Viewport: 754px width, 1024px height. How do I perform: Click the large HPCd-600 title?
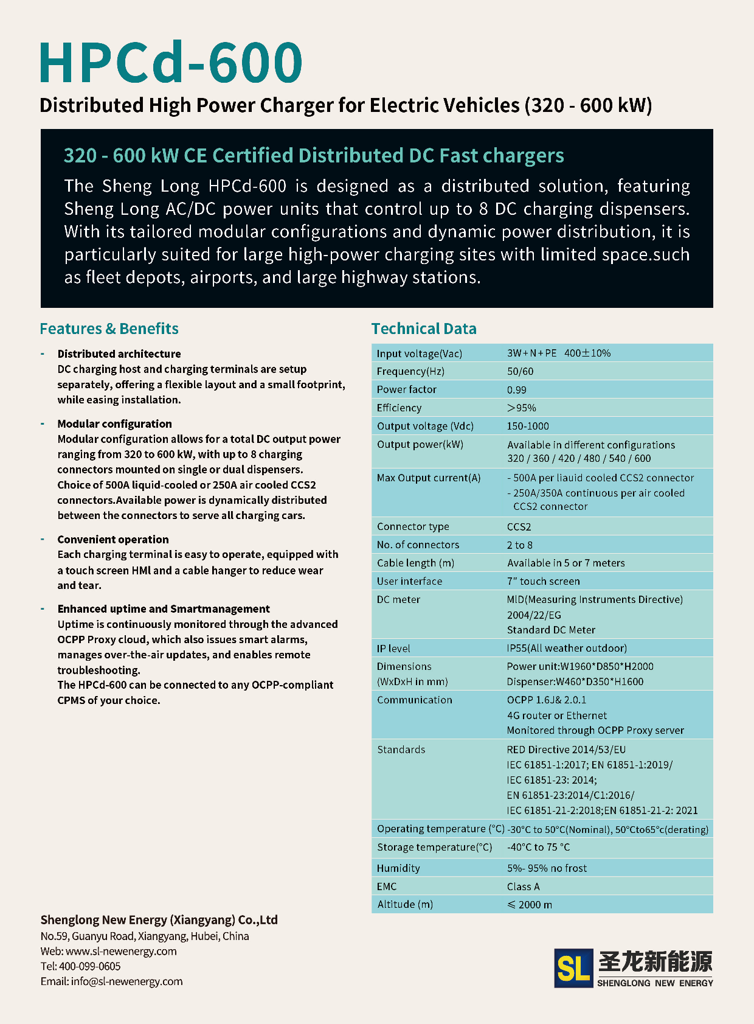pos(170,62)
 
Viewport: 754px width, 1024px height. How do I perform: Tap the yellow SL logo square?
pos(573,967)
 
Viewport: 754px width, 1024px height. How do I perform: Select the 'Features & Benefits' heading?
pos(109,329)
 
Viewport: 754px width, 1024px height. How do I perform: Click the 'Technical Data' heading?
pos(424,329)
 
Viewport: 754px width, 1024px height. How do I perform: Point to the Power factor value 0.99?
pos(517,389)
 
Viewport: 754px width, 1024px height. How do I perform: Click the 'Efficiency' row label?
pos(399,408)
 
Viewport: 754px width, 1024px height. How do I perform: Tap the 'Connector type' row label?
pos(413,526)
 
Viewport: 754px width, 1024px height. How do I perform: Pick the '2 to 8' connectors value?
pos(520,545)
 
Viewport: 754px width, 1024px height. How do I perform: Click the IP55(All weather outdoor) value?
pos(567,648)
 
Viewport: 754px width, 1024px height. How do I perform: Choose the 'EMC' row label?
pos(387,886)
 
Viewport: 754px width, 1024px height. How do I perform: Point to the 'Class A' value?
pos(524,886)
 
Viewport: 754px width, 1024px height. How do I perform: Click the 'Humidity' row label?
pos(398,868)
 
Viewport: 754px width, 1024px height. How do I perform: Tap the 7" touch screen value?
pos(544,581)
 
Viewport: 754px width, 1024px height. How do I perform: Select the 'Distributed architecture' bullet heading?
pos(119,354)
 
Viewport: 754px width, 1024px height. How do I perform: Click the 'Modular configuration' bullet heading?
pos(114,423)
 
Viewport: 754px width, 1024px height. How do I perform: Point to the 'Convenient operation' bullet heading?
pos(113,539)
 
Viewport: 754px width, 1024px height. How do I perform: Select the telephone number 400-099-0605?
pos(89,966)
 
